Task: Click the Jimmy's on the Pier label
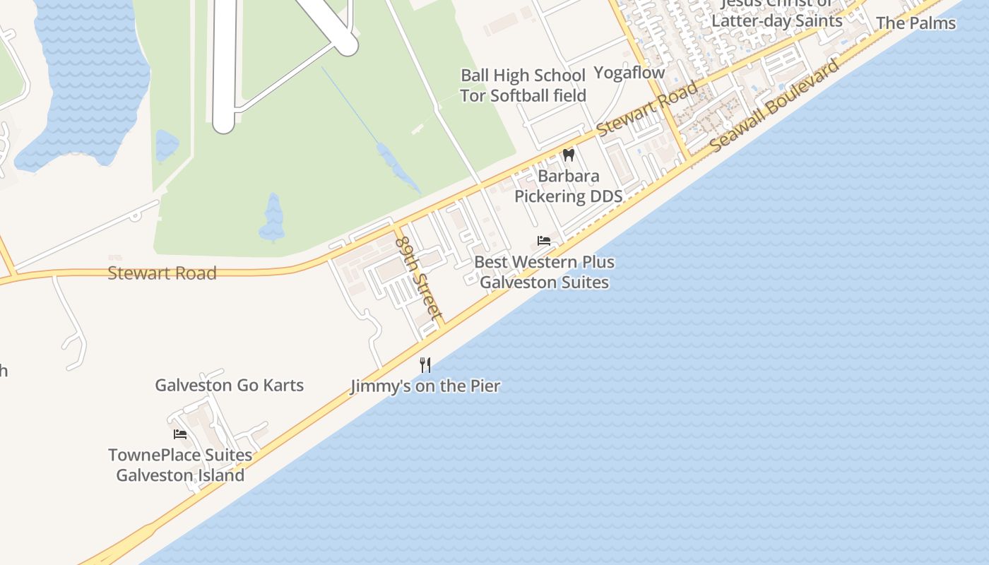pyautogui.click(x=425, y=386)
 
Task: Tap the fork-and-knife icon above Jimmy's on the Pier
pyautogui.click(x=425, y=364)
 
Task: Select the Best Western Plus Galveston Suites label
pyautogui.click(x=544, y=272)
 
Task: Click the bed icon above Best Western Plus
pyautogui.click(x=544, y=241)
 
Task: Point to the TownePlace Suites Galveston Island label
pyautogui.click(x=180, y=465)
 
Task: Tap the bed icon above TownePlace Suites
pyautogui.click(x=180, y=434)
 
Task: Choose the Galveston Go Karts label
pyautogui.click(x=229, y=385)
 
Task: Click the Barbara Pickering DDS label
pyautogui.click(x=568, y=186)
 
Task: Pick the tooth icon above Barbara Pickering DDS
pyautogui.click(x=568, y=155)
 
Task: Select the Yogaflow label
pyautogui.click(x=629, y=72)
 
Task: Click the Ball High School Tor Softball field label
pyautogui.click(x=523, y=85)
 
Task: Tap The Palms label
pyautogui.click(x=916, y=23)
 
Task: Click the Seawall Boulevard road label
pyautogui.click(x=775, y=105)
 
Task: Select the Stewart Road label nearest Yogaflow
pyautogui.click(x=646, y=109)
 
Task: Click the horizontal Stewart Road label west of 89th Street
pyautogui.click(x=162, y=273)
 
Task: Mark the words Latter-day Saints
pyautogui.click(x=776, y=20)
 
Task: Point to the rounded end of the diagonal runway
pyautogui.click(x=347, y=46)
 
